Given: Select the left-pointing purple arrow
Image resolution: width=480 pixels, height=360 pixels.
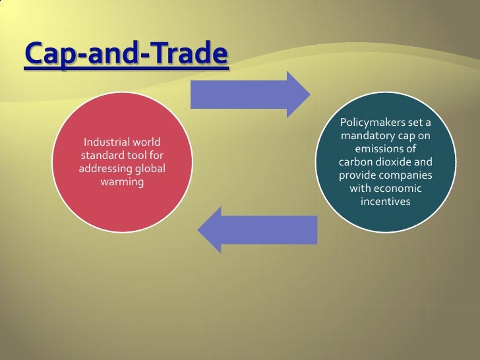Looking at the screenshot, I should point(258,229).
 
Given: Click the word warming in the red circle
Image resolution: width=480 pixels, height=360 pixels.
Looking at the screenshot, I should point(122,181).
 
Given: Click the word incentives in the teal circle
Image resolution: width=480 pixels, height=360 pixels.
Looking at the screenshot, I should point(386,201).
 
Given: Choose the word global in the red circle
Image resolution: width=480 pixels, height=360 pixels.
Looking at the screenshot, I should point(148,169).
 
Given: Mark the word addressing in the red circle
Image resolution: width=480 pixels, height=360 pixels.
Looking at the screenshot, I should point(102,169).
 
